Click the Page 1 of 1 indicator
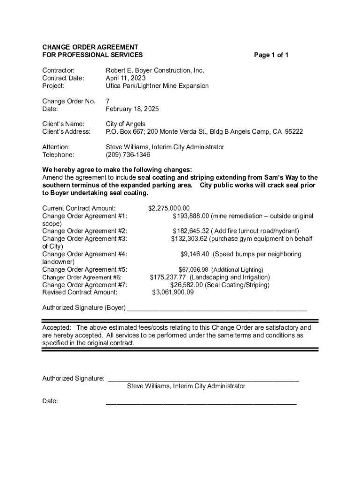point(271,55)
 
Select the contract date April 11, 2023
point(126,78)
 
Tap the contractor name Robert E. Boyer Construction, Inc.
point(155,70)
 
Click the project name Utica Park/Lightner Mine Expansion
point(157,86)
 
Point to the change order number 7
point(108,101)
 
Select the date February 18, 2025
point(132,109)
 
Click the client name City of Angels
point(125,124)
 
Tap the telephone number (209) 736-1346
point(128,154)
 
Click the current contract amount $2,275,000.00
point(169,208)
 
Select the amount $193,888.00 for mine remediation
point(191,216)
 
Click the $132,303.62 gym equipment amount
point(189,239)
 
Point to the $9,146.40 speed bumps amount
point(196,254)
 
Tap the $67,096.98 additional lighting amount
point(194,270)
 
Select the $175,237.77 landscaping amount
point(168,277)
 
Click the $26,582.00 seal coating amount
point(187,285)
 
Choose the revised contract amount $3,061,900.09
point(173,292)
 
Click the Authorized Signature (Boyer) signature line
point(217,309)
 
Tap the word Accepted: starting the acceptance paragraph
point(57,327)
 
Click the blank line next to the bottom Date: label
point(201,402)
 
